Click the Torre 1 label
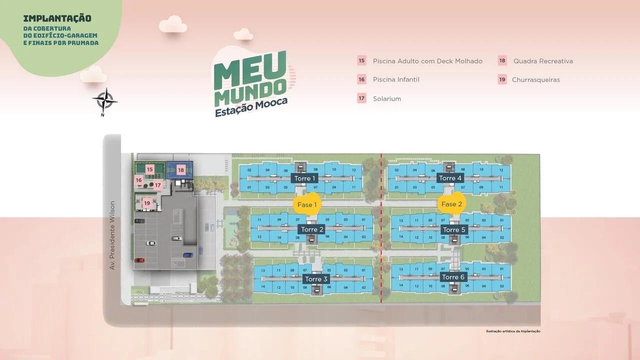click(304, 178)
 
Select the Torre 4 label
click(450, 178)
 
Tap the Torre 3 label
click(316, 279)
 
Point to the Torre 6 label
click(453, 277)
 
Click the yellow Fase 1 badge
click(307, 204)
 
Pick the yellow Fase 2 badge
click(452, 204)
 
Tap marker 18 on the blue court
click(181, 170)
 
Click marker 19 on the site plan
click(147, 203)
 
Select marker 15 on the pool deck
click(149, 170)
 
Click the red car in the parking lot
click(139, 260)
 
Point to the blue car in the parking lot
click(188, 254)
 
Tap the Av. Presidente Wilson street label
click(112, 235)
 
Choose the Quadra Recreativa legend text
click(543, 61)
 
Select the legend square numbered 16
click(361, 79)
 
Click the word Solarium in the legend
click(387, 99)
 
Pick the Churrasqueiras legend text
click(535, 80)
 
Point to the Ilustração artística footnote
click(513, 331)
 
